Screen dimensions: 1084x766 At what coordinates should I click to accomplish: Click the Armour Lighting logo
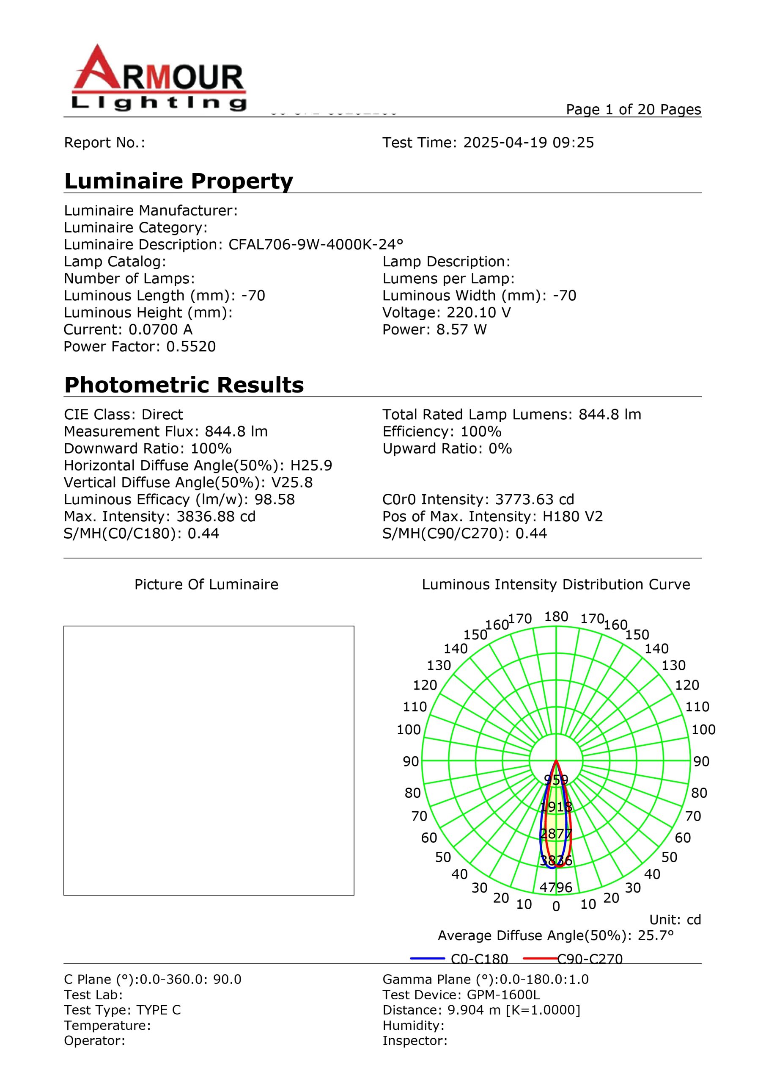(x=159, y=78)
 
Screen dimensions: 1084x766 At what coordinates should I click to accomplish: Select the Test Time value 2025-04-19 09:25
(x=528, y=143)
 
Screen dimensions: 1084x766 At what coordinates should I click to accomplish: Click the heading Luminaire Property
(x=178, y=181)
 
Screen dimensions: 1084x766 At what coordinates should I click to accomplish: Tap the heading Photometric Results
(x=184, y=385)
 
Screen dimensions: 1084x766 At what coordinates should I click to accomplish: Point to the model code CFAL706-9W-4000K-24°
(x=316, y=245)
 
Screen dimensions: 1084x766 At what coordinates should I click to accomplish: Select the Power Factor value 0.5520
(x=191, y=346)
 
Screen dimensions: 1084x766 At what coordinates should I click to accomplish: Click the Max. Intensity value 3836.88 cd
(x=216, y=517)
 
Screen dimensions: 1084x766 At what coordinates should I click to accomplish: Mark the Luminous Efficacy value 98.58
(x=275, y=500)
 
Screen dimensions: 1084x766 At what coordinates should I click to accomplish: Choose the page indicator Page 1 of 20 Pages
(x=634, y=110)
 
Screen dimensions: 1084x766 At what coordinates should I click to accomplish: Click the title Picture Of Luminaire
(x=206, y=584)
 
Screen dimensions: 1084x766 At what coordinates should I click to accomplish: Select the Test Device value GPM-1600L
(x=503, y=995)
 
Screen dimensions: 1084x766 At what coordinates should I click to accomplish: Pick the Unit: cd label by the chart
(x=675, y=920)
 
